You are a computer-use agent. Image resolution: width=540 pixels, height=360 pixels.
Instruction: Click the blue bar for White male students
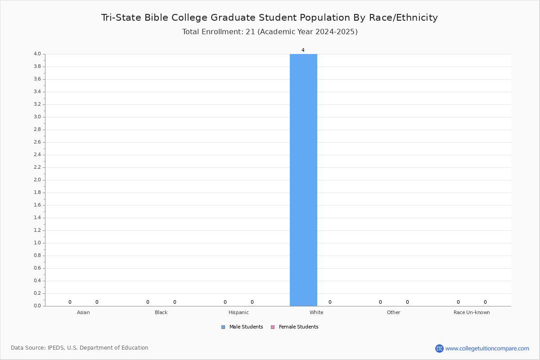point(303,180)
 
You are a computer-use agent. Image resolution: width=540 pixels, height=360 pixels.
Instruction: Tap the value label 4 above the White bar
point(303,50)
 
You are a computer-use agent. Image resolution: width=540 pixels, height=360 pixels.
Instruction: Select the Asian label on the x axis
point(83,312)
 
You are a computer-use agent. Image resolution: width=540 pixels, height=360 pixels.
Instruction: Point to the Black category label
point(161,312)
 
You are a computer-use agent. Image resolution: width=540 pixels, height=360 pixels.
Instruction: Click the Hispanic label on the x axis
point(238,312)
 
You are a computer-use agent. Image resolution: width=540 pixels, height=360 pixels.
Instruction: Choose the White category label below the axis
point(316,312)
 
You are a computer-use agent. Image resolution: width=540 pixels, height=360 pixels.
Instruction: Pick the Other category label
point(393,312)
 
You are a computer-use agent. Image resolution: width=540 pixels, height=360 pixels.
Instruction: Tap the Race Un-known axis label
point(472,312)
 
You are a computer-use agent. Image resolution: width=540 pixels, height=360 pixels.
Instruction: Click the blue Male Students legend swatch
point(223,327)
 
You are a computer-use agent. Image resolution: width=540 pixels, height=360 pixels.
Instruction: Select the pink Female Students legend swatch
point(273,327)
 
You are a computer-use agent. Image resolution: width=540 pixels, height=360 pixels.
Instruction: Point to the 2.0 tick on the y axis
point(37,180)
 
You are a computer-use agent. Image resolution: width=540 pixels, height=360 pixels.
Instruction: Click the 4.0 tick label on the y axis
point(37,54)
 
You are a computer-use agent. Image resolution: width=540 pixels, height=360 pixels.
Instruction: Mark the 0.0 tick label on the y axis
point(37,306)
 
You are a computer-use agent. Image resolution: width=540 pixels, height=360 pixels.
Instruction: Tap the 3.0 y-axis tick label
point(37,117)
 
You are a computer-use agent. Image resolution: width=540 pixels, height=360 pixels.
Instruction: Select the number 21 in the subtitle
point(250,31)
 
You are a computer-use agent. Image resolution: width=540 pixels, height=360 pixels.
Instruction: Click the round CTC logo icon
point(439,348)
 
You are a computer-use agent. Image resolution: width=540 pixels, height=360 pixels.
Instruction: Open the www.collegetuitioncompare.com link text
point(487,348)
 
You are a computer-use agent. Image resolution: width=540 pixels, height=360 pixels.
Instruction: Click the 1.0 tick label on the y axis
point(37,243)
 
